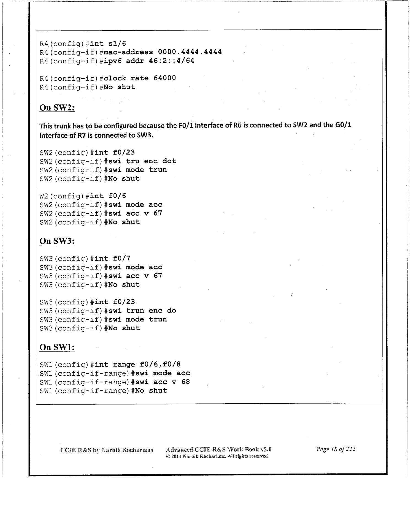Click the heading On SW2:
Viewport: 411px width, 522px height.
coord(57,107)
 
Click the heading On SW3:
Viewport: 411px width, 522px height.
coord(57,241)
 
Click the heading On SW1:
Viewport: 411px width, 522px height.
coord(57,347)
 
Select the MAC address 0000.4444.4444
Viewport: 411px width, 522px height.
coord(190,52)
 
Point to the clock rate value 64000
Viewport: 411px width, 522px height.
coord(165,78)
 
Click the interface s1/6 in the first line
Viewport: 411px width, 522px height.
coord(117,44)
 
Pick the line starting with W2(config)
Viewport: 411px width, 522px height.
coord(83,196)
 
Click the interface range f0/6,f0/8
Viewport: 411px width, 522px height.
coord(160,365)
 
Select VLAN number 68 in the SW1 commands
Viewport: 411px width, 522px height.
coord(186,382)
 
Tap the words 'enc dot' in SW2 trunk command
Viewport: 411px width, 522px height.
coord(160,161)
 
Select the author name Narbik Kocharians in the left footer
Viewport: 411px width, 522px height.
coord(127,450)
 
